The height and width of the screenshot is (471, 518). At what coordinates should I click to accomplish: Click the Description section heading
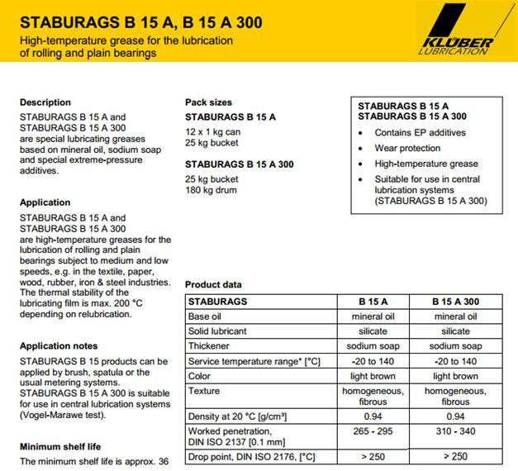click(x=45, y=102)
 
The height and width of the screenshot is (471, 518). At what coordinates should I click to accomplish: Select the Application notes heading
click(x=58, y=345)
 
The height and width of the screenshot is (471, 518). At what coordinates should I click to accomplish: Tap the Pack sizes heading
click(x=208, y=102)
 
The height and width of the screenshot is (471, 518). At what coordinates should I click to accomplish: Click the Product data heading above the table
click(x=213, y=284)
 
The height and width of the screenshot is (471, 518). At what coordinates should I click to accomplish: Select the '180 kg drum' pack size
click(x=211, y=190)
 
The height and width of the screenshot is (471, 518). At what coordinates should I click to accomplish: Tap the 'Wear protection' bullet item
click(x=407, y=148)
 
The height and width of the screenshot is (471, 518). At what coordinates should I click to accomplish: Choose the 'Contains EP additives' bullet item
click(x=420, y=132)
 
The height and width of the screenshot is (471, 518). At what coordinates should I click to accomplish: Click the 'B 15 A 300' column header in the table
click(x=455, y=302)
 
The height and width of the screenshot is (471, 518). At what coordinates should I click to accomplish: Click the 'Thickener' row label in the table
click(x=209, y=346)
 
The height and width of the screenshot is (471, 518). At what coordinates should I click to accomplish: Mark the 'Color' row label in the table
click(x=201, y=376)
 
